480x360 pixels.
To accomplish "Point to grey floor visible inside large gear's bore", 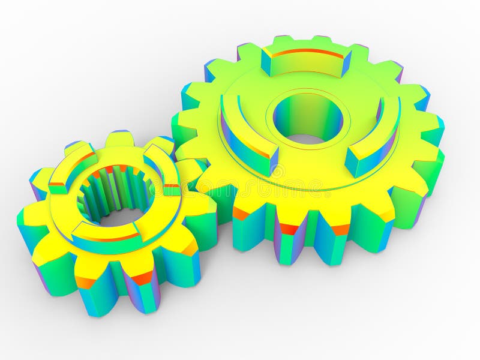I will [307, 139].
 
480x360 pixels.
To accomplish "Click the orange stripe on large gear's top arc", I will [306, 52].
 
